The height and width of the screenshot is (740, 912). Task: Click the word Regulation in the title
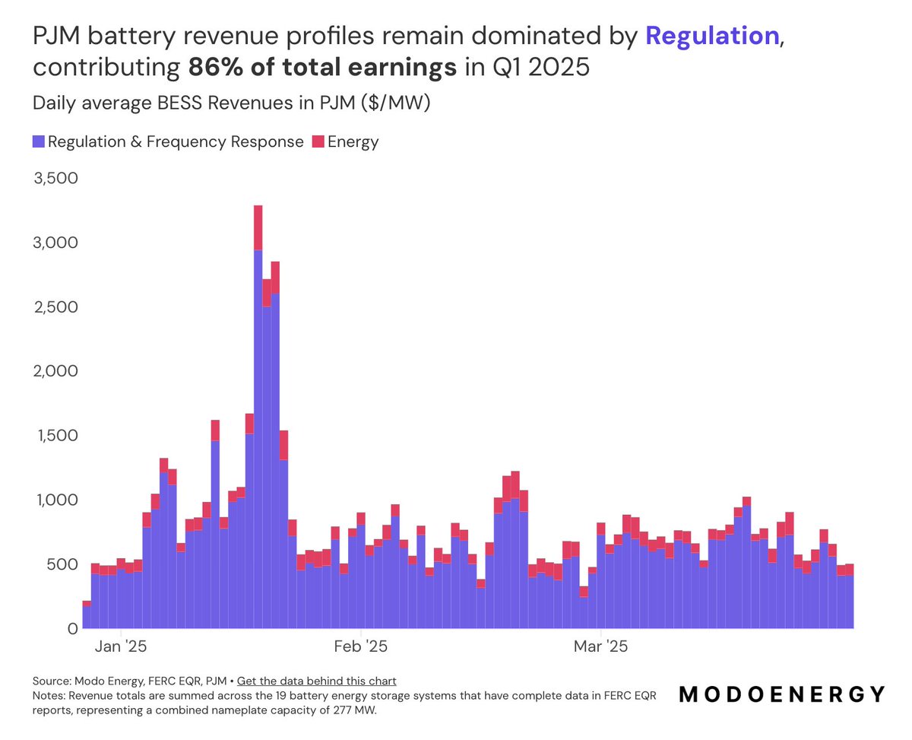point(712,36)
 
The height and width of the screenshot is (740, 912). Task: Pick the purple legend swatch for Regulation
point(39,141)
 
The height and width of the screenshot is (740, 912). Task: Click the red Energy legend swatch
point(318,141)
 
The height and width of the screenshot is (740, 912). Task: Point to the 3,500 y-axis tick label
point(56,179)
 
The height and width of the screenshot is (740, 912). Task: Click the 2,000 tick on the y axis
point(56,371)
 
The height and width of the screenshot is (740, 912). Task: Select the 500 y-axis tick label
point(62,564)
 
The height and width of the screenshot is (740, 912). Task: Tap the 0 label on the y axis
point(72,629)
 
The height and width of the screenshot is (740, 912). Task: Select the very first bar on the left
point(87,616)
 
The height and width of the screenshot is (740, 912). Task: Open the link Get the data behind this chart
point(316,681)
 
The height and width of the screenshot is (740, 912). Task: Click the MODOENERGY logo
point(781,694)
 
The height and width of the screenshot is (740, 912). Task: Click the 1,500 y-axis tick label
point(56,436)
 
